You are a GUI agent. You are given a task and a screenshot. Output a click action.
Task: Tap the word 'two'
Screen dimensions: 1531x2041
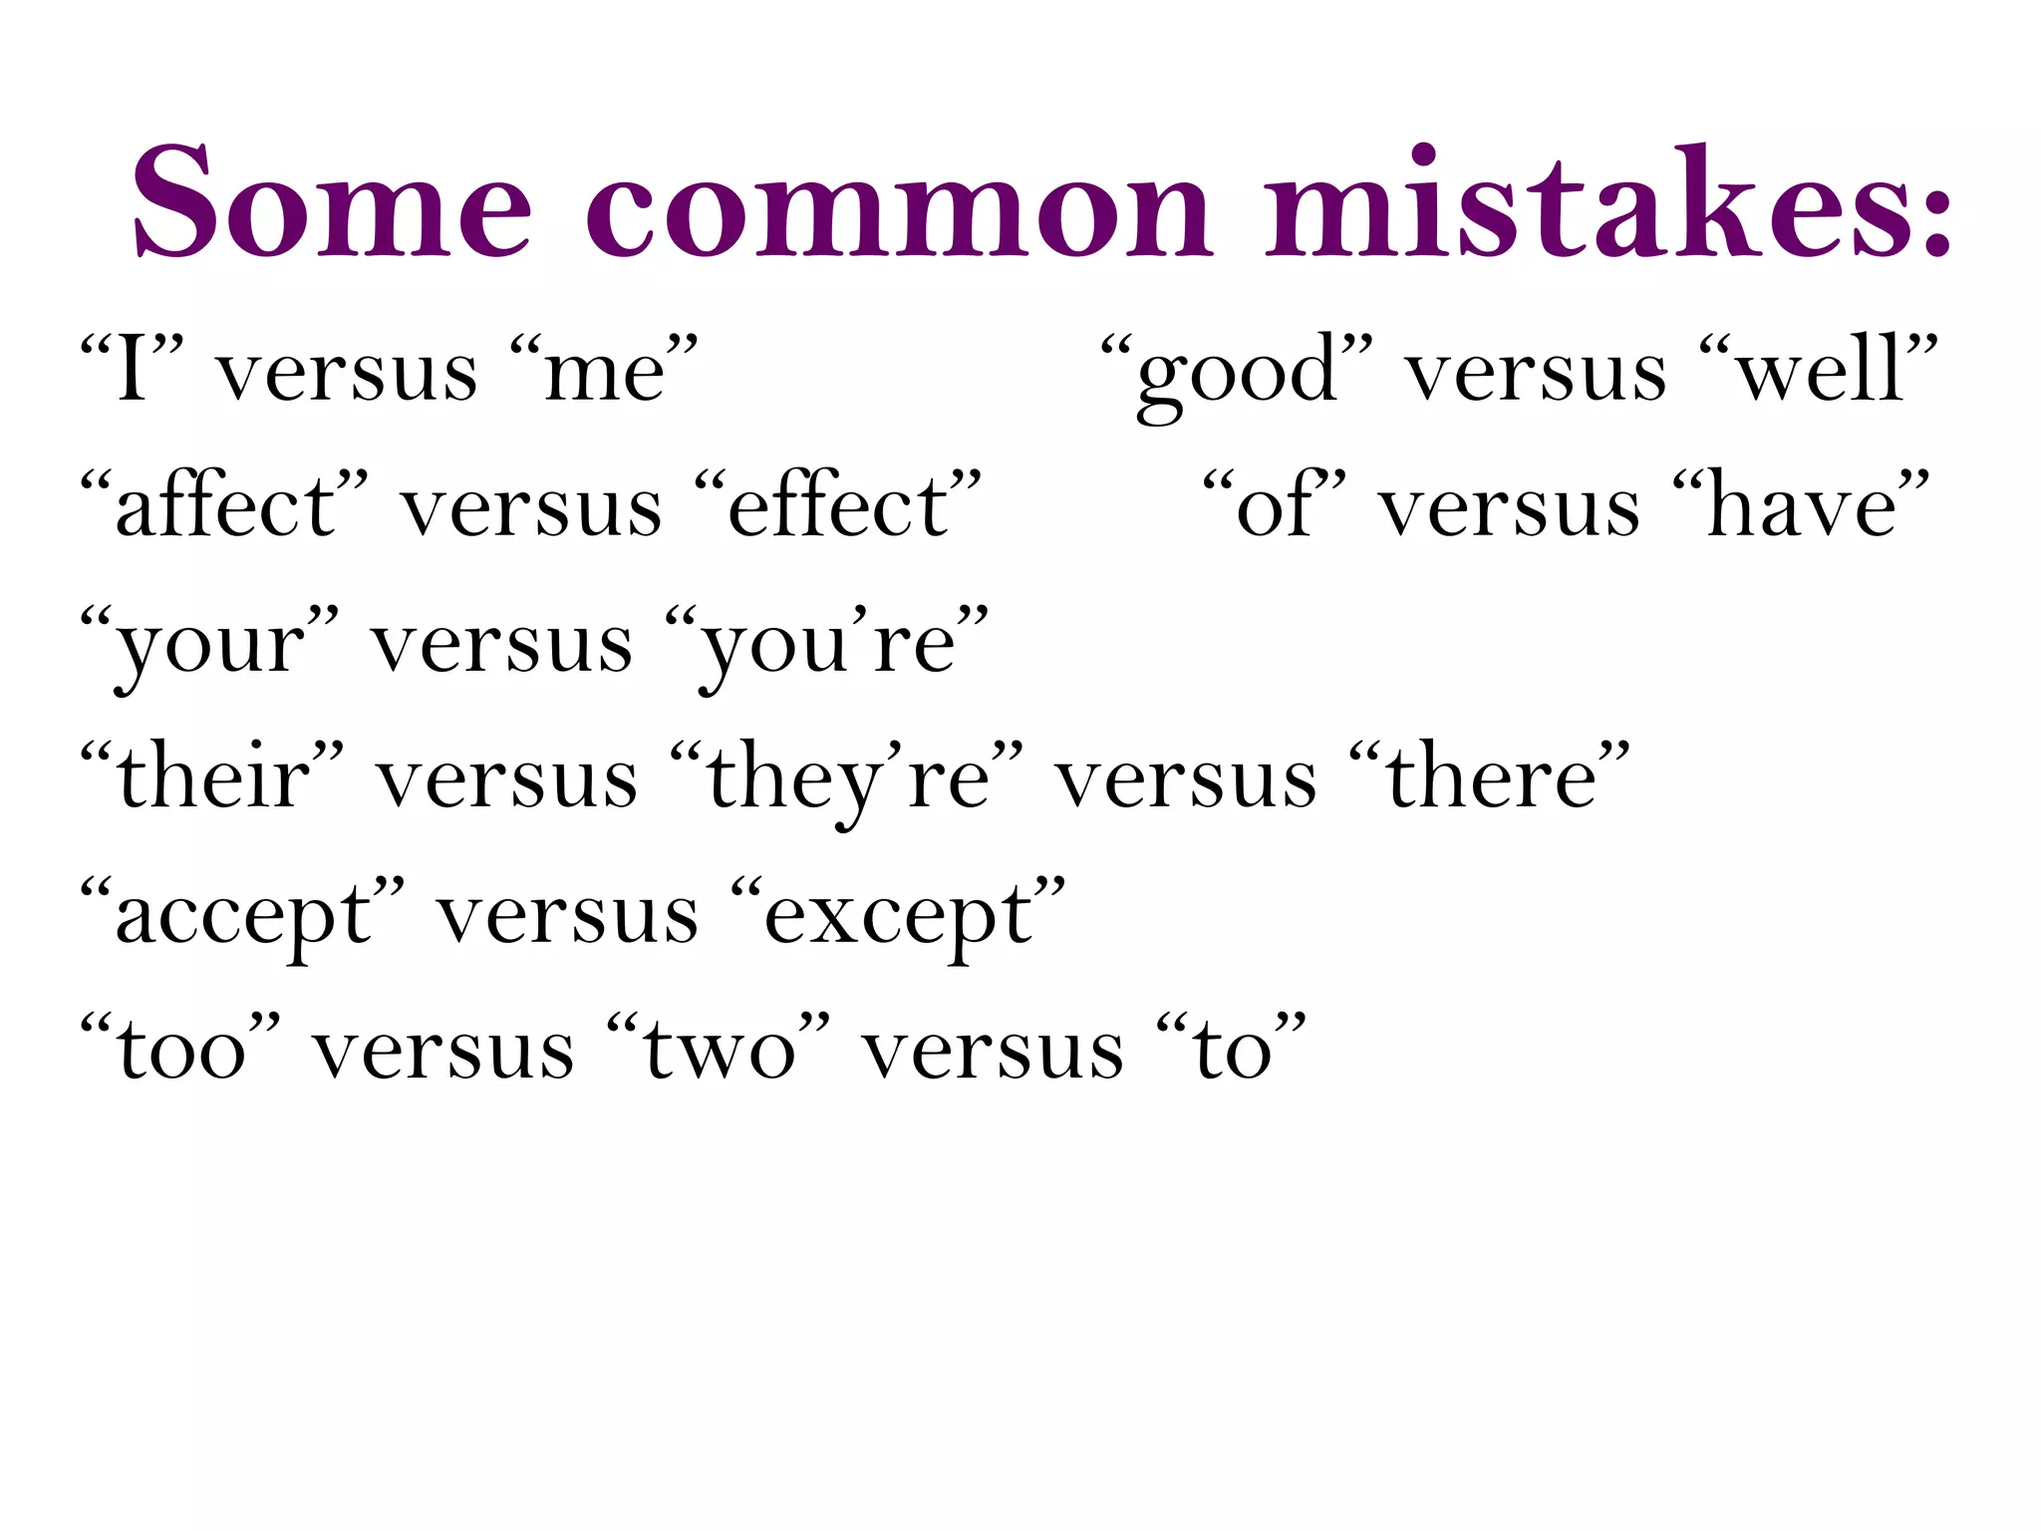click(x=719, y=1052)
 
